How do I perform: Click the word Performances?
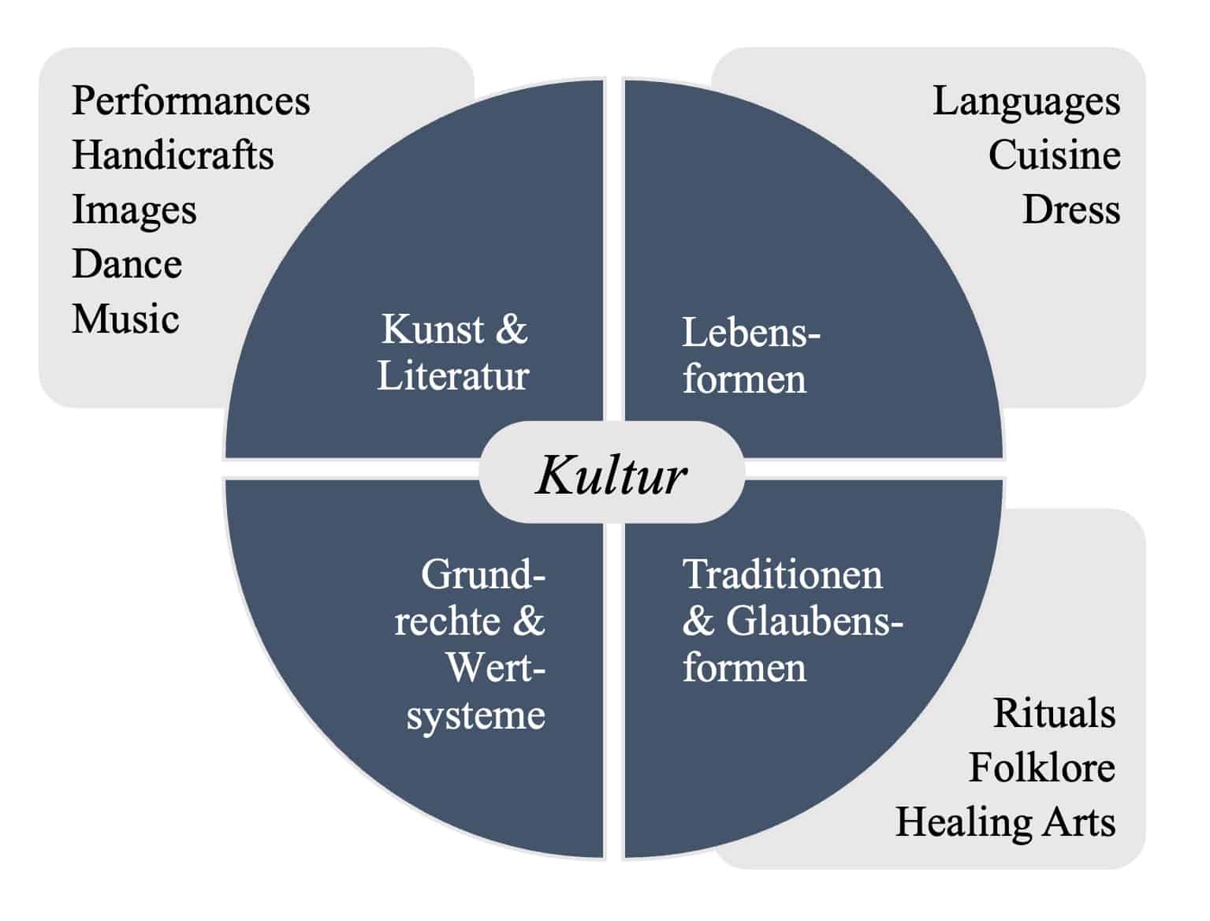coord(191,101)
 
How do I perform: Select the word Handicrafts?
coord(173,155)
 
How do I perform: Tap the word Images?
coord(134,211)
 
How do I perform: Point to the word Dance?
coord(127,264)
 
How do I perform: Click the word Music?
coord(125,319)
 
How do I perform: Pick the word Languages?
coord(1026,101)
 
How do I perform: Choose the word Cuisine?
coord(1054,155)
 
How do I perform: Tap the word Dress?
coord(1071,210)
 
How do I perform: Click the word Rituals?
coord(1054,714)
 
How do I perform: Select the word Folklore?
coord(1041,768)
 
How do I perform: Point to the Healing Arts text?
coord(1005,822)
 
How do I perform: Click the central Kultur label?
coord(612,475)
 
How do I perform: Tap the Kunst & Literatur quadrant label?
coord(453,352)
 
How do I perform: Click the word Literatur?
coord(453,375)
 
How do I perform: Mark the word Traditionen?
coord(782,574)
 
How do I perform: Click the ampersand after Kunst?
coord(512,330)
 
